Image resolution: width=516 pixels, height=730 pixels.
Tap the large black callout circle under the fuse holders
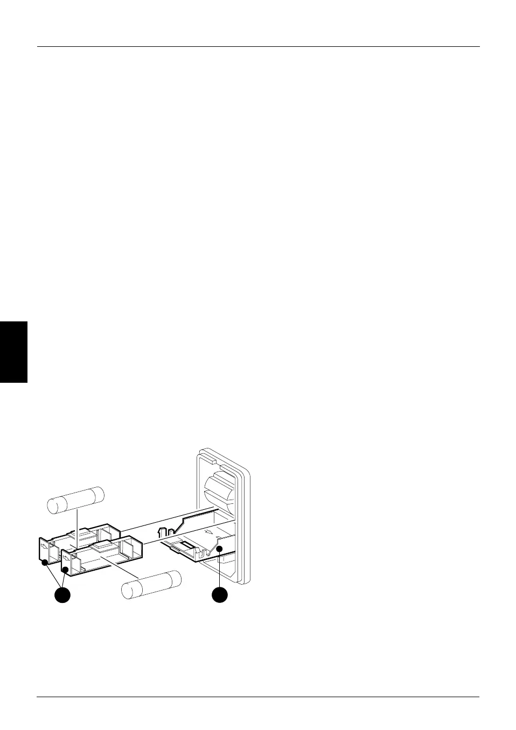click(x=62, y=595)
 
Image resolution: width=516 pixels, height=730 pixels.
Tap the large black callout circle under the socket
click(x=219, y=595)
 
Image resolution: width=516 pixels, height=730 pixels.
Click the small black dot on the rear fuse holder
click(x=45, y=563)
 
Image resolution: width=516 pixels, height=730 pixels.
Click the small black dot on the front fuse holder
click(x=66, y=570)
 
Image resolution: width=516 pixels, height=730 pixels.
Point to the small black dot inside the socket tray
click(x=220, y=549)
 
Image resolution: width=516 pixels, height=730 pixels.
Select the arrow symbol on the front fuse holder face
click(x=66, y=557)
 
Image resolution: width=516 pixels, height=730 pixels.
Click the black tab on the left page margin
click(x=13, y=352)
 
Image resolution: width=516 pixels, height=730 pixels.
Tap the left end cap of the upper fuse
click(x=53, y=507)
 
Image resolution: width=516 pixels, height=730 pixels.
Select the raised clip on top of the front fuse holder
click(x=102, y=547)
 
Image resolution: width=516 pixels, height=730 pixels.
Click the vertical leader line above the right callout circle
click(x=220, y=571)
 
